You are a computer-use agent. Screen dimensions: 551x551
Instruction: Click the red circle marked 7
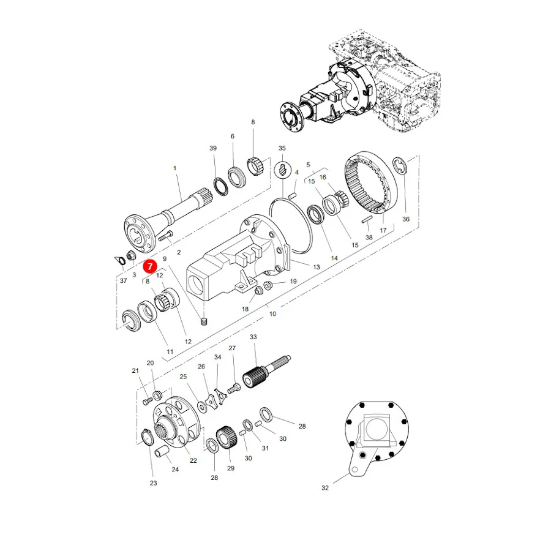(x=150, y=266)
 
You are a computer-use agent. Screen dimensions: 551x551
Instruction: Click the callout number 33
(x=253, y=337)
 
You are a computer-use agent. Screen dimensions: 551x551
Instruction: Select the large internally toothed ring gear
(x=370, y=182)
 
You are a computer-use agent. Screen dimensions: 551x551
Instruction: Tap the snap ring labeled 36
(x=400, y=165)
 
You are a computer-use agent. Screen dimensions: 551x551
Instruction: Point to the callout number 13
(x=317, y=267)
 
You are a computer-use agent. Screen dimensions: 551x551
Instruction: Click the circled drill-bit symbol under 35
(x=282, y=170)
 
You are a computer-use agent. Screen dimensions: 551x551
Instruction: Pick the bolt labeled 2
(x=165, y=236)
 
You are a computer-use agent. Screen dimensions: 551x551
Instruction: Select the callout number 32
(x=325, y=488)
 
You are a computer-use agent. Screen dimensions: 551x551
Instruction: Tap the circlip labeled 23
(x=147, y=438)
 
